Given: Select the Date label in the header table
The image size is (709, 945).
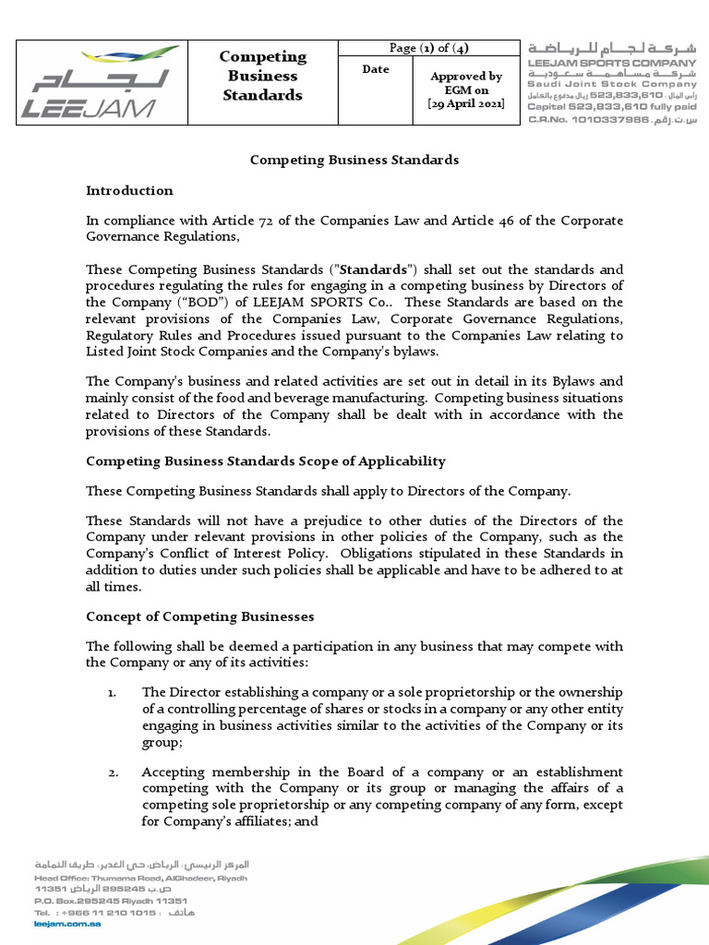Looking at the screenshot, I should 376,70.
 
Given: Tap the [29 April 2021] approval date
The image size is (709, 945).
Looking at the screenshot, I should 466,105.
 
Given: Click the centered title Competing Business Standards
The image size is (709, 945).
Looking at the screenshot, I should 354,160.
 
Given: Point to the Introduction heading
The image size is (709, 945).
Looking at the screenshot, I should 129,191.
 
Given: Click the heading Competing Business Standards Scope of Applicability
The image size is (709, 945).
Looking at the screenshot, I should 265,461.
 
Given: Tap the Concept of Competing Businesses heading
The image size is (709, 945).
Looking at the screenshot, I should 199,616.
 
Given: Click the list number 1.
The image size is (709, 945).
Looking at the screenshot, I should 111,692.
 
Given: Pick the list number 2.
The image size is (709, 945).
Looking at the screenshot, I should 111,772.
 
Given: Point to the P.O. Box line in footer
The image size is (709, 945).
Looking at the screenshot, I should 110,901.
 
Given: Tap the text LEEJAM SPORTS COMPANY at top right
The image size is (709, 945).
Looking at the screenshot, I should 611,62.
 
